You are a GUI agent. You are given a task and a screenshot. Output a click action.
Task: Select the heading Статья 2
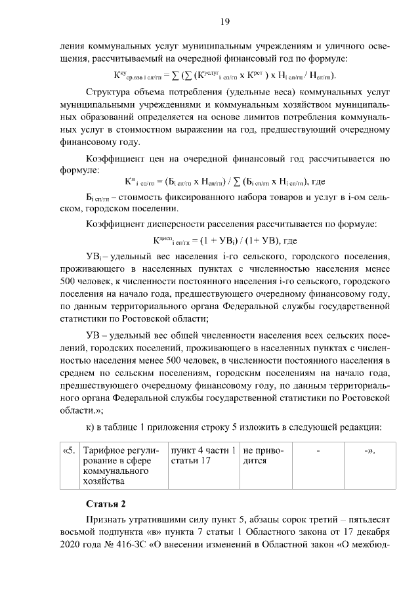pyautogui.click(x=106, y=504)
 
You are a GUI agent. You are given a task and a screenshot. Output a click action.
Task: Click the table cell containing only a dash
pyautogui.click(x=318, y=452)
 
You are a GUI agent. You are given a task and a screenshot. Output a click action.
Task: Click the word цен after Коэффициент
pyautogui.click(x=159, y=158)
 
